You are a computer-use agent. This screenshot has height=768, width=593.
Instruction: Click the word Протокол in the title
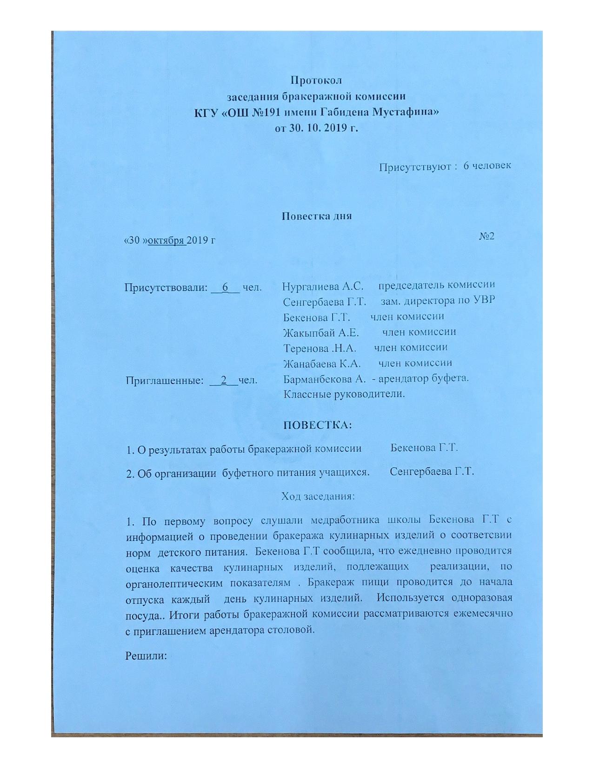[316, 80]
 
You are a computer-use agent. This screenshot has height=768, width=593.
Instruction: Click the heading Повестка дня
[317, 216]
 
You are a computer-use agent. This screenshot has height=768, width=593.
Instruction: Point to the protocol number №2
[486, 236]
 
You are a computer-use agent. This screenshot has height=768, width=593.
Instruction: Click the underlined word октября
[167, 241]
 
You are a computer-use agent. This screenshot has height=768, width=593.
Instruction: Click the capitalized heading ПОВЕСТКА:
[318, 425]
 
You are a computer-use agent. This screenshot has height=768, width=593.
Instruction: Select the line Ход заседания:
[318, 496]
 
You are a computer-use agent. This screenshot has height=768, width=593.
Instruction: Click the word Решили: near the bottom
[146, 656]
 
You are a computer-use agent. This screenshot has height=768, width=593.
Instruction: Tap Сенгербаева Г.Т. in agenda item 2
[432, 472]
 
